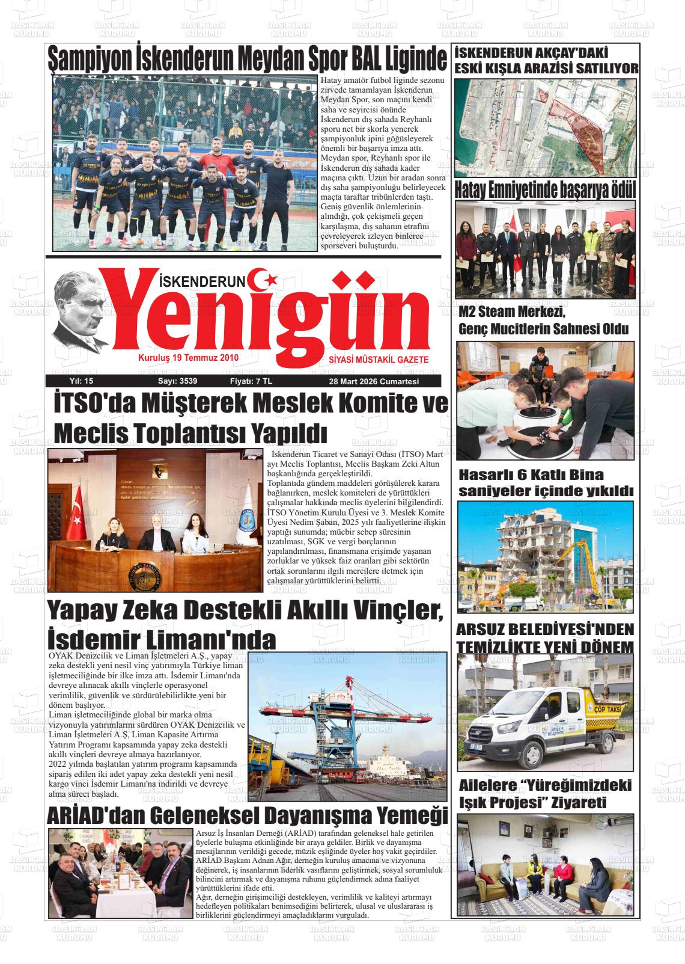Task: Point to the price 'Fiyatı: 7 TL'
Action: [251, 381]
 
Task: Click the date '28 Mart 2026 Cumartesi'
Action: [373, 381]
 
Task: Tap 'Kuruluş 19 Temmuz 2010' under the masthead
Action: [188, 358]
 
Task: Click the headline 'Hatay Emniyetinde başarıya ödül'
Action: [544, 190]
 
